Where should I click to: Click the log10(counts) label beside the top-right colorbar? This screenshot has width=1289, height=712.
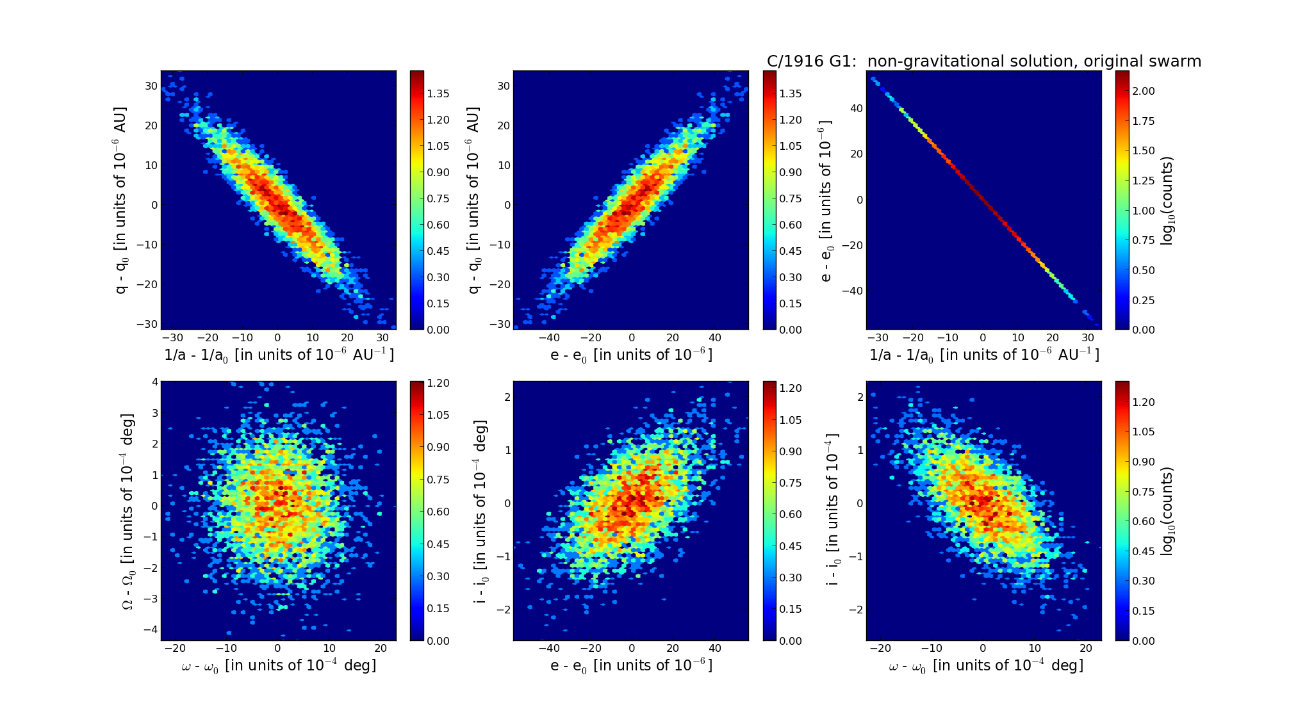(1167, 201)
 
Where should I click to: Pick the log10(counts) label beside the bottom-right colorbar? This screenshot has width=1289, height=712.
(1167, 511)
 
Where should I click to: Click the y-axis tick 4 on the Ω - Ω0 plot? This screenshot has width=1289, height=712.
(154, 382)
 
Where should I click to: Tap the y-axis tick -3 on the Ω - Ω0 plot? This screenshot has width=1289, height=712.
(151, 599)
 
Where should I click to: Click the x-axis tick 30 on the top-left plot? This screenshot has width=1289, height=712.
(382, 337)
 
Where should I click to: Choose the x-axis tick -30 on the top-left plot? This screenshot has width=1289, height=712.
(172, 337)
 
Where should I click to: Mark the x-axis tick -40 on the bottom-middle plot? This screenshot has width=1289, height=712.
(549, 648)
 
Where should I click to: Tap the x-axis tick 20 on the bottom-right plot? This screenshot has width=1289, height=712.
(1085, 648)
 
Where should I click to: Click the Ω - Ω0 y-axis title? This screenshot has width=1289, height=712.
(128, 511)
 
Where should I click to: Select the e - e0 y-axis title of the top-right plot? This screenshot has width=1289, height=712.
(826, 201)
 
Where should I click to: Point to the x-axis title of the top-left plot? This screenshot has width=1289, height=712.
(279, 355)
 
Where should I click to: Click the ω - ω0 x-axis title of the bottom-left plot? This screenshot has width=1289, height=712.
(279, 666)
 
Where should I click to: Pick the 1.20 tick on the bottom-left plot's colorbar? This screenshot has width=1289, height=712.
(438, 383)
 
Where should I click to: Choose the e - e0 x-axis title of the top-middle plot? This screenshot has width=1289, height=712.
(631, 355)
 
